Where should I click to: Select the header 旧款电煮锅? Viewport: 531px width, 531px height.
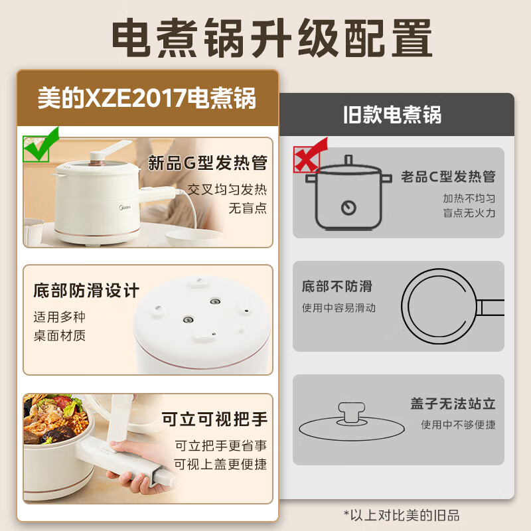click(x=392, y=115)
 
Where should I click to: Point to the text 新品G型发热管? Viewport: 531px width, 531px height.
click(x=207, y=163)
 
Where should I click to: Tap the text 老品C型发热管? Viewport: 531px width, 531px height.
click(x=448, y=177)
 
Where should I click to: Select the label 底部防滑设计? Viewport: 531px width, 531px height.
click(x=86, y=291)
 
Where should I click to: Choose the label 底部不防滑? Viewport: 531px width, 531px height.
click(x=337, y=287)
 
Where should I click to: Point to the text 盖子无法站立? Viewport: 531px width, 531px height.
click(x=453, y=404)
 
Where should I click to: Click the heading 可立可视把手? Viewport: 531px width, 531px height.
click(x=214, y=419)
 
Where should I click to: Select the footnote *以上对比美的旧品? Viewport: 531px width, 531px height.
click(x=402, y=515)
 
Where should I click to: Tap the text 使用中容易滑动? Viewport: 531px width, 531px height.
click(x=339, y=308)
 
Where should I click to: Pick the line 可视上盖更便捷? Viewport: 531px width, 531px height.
click(x=220, y=464)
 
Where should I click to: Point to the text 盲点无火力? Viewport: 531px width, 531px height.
click(x=469, y=213)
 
